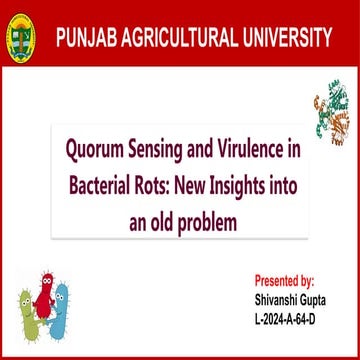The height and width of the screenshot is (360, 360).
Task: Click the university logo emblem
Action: (19, 39)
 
